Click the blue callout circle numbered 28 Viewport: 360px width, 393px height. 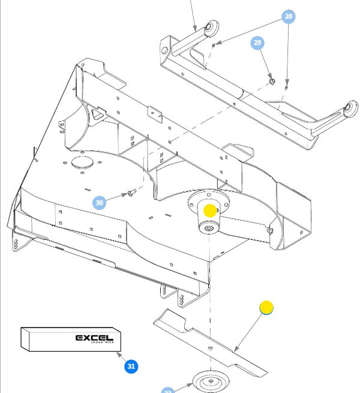pos(289,16)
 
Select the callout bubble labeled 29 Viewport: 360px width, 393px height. pos(257,43)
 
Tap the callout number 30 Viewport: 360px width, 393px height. pos(100,203)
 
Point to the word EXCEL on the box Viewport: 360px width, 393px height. pos(94,338)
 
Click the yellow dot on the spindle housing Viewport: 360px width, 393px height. pos(209,211)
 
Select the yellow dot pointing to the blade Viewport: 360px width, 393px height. pos(266,308)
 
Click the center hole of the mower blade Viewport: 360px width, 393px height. pos(211,350)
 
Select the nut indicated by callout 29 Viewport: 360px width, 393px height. pos(271,80)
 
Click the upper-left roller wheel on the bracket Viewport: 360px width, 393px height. pos(212,28)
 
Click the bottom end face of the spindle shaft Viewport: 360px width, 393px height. pos(208,229)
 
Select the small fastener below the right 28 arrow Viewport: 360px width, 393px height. pos(287,85)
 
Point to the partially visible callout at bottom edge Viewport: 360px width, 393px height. pos(167,391)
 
